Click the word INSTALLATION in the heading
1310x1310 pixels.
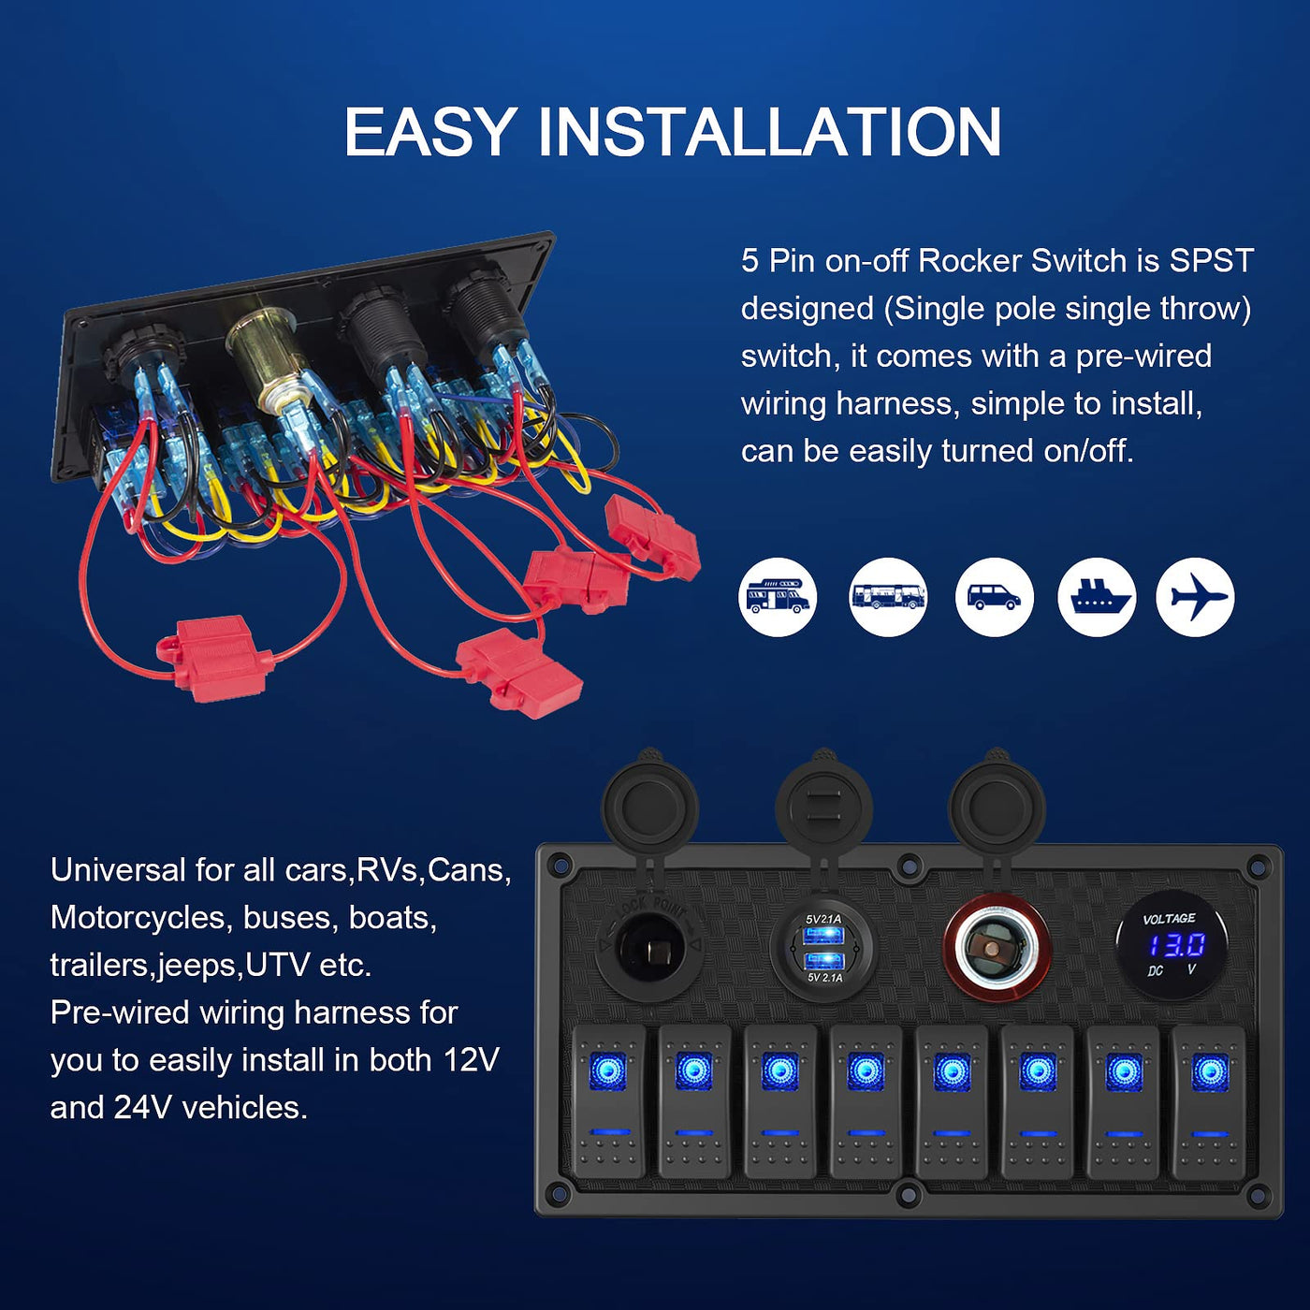pyautogui.click(x=769, y=132)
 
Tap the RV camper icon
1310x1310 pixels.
pyautogui.click(x=778, y=597)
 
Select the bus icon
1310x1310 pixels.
pyautogui.click(x=887, y=597)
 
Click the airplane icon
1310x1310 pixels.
pyautogui.click(x=1194, y=597)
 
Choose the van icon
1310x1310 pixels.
pyautogui.click(x=995, y=597)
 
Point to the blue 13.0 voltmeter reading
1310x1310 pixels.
pyautogui.click(x=1177, y=945)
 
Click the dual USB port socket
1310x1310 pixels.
pyautogui.click(x=823, y=947)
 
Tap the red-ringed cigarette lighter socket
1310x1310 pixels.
pyautogui.click(x=997, y=947)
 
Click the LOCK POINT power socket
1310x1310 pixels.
pyautogui.click(x=650, y=947)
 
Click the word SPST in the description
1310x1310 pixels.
pyautogui.click(x=1212, y=261)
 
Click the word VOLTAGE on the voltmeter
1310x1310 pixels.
pyautogui.click(x=1169, y=919)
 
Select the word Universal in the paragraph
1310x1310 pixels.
pyautogui.click(x=118, y=870)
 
